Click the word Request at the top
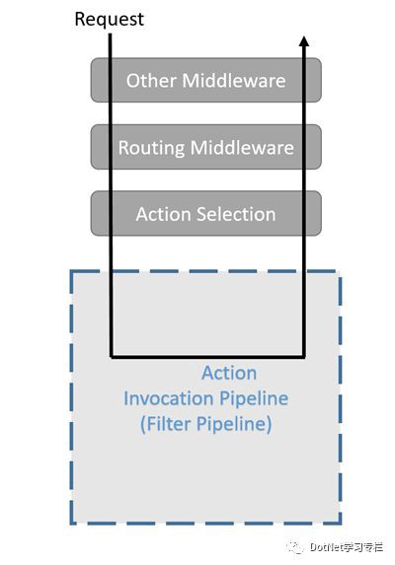pyautogui.click(x=109, y=20)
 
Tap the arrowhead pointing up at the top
pyautogui.click(x=304, y=41)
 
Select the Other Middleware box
pyautogui.click(x=206, y=80)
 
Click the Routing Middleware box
pyautogui.click(x=206, y=147)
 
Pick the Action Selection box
pyautogui.click(x=206, y=214)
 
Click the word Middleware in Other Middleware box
pyautogui.click(x=234, y=80)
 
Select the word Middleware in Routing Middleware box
pyautogui.click(x=242, y=147)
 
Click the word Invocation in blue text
pyautogui.click(x=168, y=398)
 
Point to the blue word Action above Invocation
pyautogui.click(x=229, y=373)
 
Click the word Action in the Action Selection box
pyautogui.click(x=163, y=214)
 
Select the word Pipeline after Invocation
pyautogui.click(x=254, y=399)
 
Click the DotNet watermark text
pyautogui.click(x=347, y=547)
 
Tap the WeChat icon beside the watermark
pyautogui.click(x=295, y=547)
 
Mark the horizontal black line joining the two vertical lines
pyautogui.click(x=207, y=357)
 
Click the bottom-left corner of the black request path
pyautogui.click(x=112, y=357)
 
